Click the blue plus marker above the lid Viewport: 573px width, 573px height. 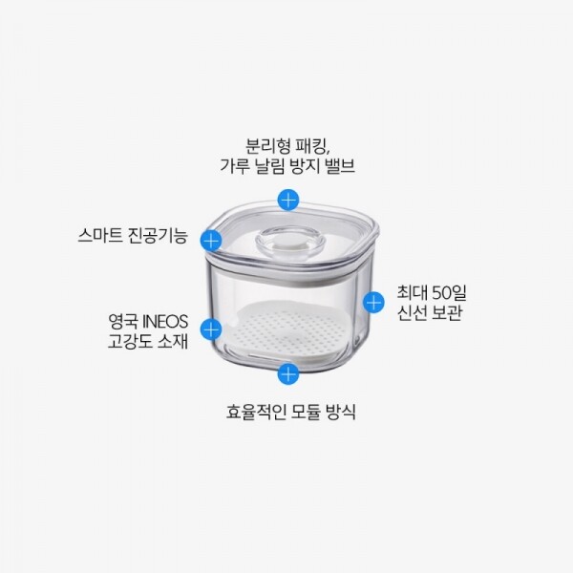click(x=288, y=200)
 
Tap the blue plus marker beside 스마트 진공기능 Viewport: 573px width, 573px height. click(x=211, y=241)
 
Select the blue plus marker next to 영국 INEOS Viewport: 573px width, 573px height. click(x=211, y=329)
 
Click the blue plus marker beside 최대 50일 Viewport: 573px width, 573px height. click(x=373, y=302)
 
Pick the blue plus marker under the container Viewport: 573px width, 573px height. click(x=288, y=373)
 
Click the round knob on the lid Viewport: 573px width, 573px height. click(x=290, y=241)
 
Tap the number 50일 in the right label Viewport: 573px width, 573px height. click(x=449, y=292)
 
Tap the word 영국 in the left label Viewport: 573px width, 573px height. click(x=123, y=322)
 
